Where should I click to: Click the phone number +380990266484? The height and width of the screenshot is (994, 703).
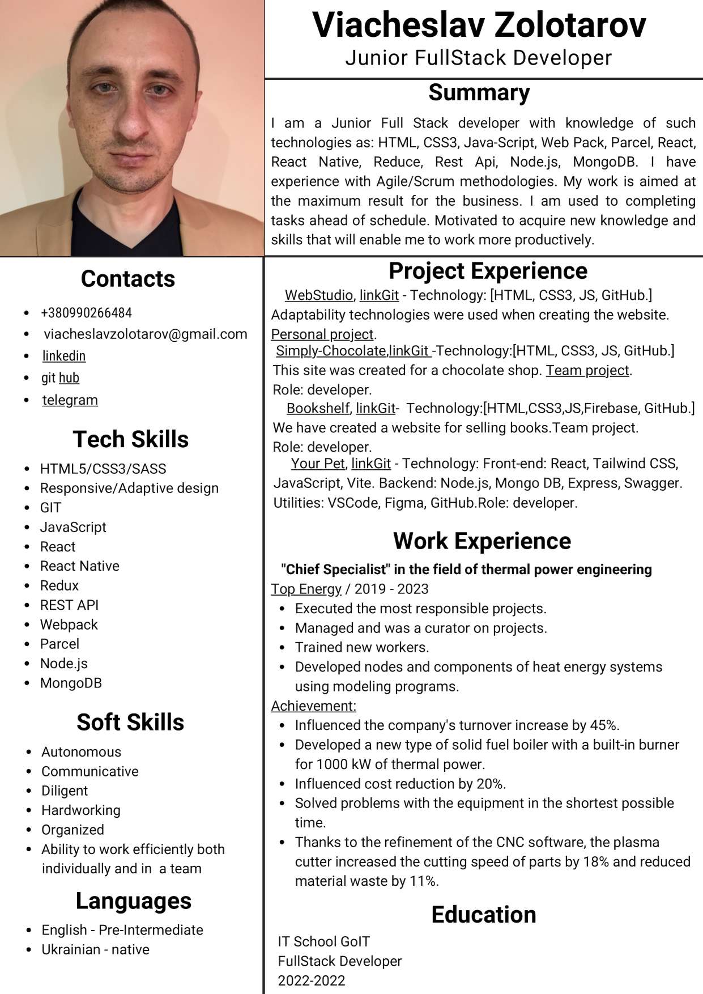coord(86,313)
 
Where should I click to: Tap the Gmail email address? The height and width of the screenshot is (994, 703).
coord(146,334)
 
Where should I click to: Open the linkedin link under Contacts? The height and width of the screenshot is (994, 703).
coord(64,356)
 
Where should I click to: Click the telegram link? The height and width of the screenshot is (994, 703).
coord(70,400)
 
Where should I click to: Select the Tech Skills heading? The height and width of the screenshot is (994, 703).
coord(130,439)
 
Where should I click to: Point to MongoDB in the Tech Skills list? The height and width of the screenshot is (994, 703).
coord(71,683)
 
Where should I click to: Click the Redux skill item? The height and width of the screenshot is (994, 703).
coord(59,585)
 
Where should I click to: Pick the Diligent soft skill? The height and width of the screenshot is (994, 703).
coord(65,791)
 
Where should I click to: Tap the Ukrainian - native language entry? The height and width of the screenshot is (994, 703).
coord(95,949)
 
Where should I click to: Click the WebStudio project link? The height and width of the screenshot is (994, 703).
coord(319,295)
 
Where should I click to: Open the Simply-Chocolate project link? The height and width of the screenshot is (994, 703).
coord(330,351)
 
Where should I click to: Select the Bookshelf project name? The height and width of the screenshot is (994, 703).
coord(318,408)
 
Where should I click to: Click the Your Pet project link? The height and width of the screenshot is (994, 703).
coord(318,464)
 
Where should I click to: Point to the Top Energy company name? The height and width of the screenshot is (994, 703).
coord(306,589)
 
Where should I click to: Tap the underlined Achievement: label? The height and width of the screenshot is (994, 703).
coord(313,706)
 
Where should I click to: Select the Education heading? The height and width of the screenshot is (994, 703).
coord(483,915)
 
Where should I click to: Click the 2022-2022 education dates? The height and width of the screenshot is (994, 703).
coord(311,980)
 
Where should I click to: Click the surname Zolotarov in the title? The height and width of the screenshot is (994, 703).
coord(570,25)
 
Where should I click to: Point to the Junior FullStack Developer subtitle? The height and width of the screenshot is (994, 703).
coord(479,58)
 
